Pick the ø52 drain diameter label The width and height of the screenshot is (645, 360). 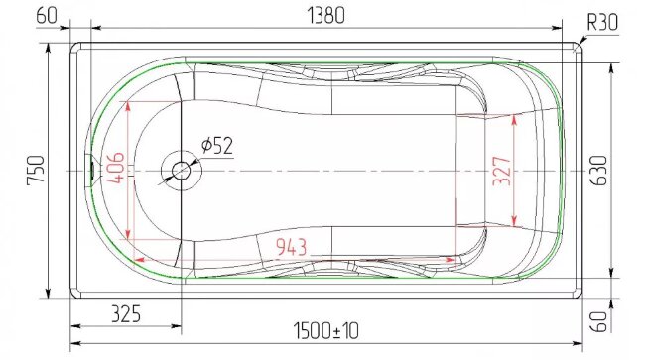tap(217, 146)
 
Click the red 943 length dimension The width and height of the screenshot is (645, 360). tap(290, 246)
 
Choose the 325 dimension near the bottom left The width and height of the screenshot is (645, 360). tap(124, 314)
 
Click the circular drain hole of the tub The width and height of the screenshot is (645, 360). tap(181, 170)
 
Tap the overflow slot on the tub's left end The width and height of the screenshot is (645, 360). tap(91, 171)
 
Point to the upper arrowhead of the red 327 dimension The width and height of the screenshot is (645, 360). tap(514, 118)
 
